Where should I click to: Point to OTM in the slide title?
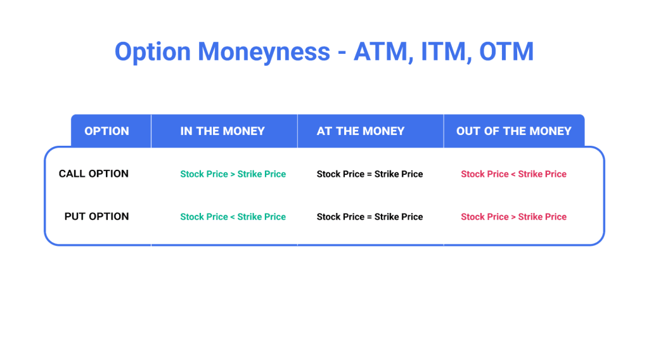pyautogui.click(x=506, y=51)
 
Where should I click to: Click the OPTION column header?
pyautogui.click(x=106, y=131)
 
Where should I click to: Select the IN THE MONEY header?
pyautogui.click(x=222, y=131)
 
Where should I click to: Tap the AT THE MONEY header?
pyautogui.click(x=361, y=131)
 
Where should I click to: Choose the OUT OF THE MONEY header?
pyautogui.click(x=513, y=131)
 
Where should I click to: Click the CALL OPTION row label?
pyautogui.click(x=94, y=174)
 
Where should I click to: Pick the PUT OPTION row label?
pyautogui.click(x=96, y=216)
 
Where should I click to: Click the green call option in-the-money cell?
pyautogui.click(x=233, y=174)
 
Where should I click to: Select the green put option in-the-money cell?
pyautogui.click(x=233, y=217)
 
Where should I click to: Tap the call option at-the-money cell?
pyautogui.click(x=369, y=174)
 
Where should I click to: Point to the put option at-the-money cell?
pyautogui.click(x=369, y=217)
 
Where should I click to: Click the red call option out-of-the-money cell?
pyautogui.click(x=513, y=174)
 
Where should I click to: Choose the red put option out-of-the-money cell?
pyautogui.click(x=513, y=217)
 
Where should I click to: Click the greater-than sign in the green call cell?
pyautogui.click(x=233, y=174)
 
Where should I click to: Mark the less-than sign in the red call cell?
pyautogui.click(x=513, y=174)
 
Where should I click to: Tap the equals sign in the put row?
pyautogui.click(x=369, y=217)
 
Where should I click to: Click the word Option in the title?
pyautogui.click(x=153, y=51)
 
